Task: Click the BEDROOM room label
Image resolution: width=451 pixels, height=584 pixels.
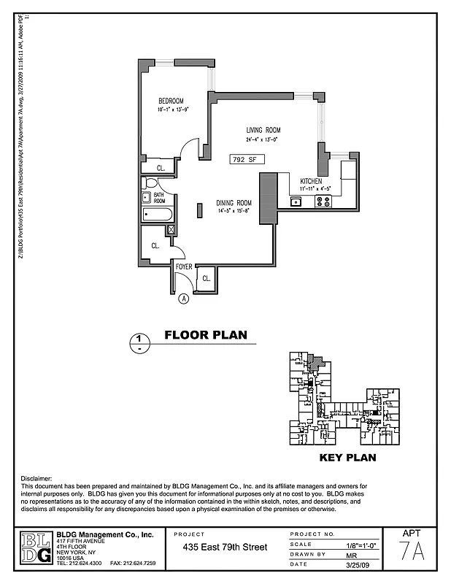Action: (171, 101)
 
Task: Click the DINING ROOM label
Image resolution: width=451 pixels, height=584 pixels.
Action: (234, 203)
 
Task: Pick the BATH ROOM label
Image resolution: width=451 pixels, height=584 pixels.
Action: (159, 198)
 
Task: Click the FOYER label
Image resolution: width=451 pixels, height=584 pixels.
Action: (184, 267)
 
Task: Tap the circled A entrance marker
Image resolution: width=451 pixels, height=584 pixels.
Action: (183, 298)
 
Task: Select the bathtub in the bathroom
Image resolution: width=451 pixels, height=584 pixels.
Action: (158, 215)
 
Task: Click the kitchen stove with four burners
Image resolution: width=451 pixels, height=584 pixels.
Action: (323, 201)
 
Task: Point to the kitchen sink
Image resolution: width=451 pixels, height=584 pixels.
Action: (296, 201)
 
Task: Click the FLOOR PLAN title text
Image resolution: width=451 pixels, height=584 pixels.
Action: (205, 336)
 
